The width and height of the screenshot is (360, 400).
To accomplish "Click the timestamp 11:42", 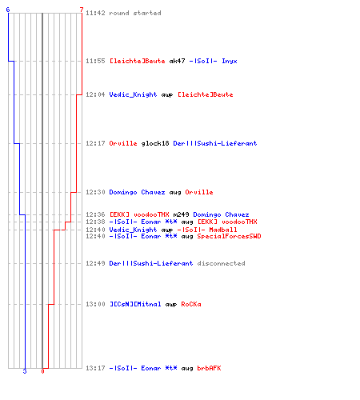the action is pyautogui.click(x=95, y=13).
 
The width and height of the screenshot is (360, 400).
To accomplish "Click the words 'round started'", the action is pyautogui.click(x=135, y=13).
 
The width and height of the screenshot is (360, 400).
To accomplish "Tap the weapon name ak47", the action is pyautogui.click(x=177, y=61).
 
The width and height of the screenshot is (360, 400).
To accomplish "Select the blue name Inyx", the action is pyautogui.click(x=230, y=62).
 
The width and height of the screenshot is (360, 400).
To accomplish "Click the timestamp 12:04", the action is pyautogui.click(x=95, y=94).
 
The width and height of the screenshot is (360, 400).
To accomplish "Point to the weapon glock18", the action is pyautogui.click(x=155, y=143).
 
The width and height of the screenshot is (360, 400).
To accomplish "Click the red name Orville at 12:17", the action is pyautogui.click(x=123, y=143).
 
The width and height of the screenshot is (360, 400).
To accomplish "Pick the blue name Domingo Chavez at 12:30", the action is pyautogui.click(x=137, y=192).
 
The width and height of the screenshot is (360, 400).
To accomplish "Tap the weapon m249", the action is pyautogui.click(x=181, y=214).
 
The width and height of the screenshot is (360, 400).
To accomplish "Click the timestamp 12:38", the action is pyautogui.click(x=95, y=222).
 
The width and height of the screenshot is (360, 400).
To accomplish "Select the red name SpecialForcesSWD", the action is pyautogui.click(x=229, y=236).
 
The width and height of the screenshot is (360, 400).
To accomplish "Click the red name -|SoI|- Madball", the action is pyautogui.click(x=207, y=230).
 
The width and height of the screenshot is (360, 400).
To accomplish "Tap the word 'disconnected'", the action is pyautogui.click(x=221, y=263).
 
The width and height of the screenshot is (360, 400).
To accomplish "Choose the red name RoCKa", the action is pyautogui.click(x=191, y=304).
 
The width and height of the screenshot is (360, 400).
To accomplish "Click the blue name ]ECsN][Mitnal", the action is pyautogui.click(x=135, y=304).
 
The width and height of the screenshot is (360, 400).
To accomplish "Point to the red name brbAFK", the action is pyautogui.click(x=209, y=368).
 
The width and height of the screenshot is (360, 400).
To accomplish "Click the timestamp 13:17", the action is pyautogui.click(x=95, y=368).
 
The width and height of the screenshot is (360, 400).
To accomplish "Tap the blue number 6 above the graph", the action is pyautogui.click(x=8, y=10).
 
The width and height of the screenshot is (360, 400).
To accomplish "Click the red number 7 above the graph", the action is pyautogui.click(x=82, y=10).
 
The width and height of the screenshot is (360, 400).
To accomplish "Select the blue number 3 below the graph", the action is pyautogui.click(x=25, y=371).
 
